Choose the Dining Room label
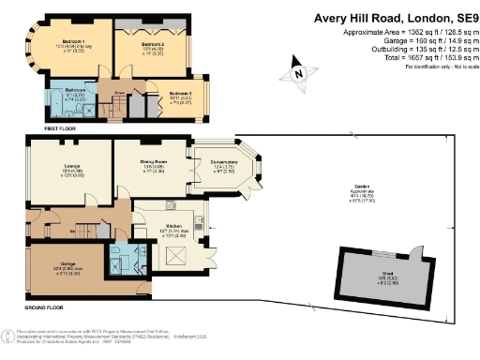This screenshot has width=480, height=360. (154, 163)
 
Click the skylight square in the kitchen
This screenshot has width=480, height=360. (172, 249)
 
